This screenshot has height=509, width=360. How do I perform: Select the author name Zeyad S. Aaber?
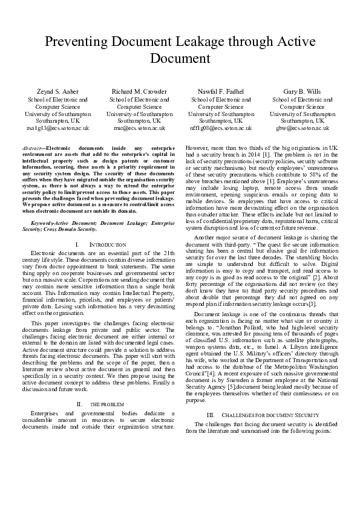point(57,91)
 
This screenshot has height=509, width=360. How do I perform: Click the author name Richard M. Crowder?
point(139,91)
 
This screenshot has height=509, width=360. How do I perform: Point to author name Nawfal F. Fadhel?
point(220,91)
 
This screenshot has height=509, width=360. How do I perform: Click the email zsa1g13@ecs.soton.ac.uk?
point(57,128)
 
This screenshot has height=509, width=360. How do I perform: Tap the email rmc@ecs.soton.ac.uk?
point(139,128)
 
